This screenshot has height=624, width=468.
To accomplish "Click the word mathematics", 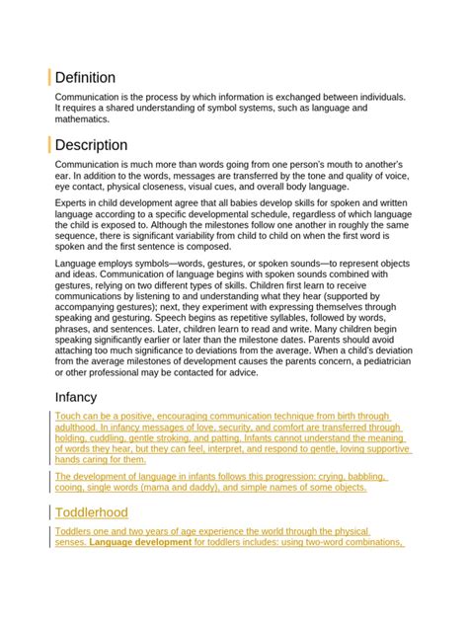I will point(82,119).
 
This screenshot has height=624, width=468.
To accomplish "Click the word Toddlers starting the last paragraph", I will point(77,531).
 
